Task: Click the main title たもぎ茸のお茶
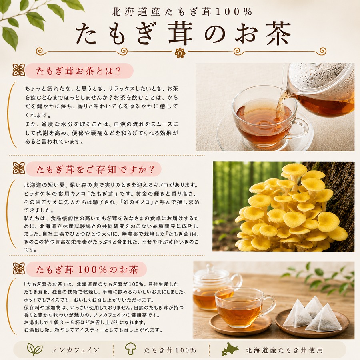point(183,33)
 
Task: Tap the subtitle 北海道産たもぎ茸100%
point(182,12)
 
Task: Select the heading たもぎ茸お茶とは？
point(79,71)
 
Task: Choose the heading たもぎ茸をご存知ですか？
point(95,170)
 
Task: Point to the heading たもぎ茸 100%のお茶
point(87,269)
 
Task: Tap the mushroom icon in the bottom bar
point(130,349)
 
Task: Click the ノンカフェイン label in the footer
point(76,350)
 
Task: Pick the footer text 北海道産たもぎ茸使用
point(284,350)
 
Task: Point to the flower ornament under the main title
point(180,52)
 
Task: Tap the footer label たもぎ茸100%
point(170,350)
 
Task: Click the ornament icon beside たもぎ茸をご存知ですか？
point(19,168)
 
